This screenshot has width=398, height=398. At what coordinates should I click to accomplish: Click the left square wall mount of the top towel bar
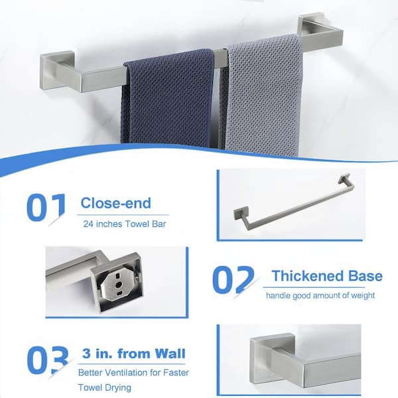click(57, 70)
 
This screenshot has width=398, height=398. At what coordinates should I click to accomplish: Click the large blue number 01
click(46, 208)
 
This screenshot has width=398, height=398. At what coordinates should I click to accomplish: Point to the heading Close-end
click(115, 203)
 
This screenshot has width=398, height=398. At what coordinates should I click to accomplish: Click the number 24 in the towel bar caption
click(89, 224)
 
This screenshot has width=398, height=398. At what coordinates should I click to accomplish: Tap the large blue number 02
click(233, 280)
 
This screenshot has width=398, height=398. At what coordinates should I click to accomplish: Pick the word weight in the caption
click(363, 296)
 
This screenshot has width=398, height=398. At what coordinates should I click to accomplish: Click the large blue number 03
click(48, 360)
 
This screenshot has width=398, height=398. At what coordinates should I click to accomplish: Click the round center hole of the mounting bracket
click(118, 285)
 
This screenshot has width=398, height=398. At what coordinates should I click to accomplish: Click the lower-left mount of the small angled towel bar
click(240, 214)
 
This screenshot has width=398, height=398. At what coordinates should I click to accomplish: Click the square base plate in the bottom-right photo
click(265, 360)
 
